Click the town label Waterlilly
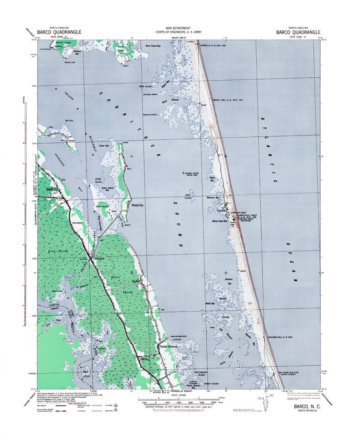pyautogui.click(x=137, y=205)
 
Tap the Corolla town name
pyautogui.click(x=222, y=211)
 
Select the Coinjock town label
pyautogui.click(x=99, y=259)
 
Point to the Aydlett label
pyautogui.click(x=136, y=281)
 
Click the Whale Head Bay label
pyautogui.click(x=219, y=222)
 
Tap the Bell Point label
pyautogui.click(x=69, y=120)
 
